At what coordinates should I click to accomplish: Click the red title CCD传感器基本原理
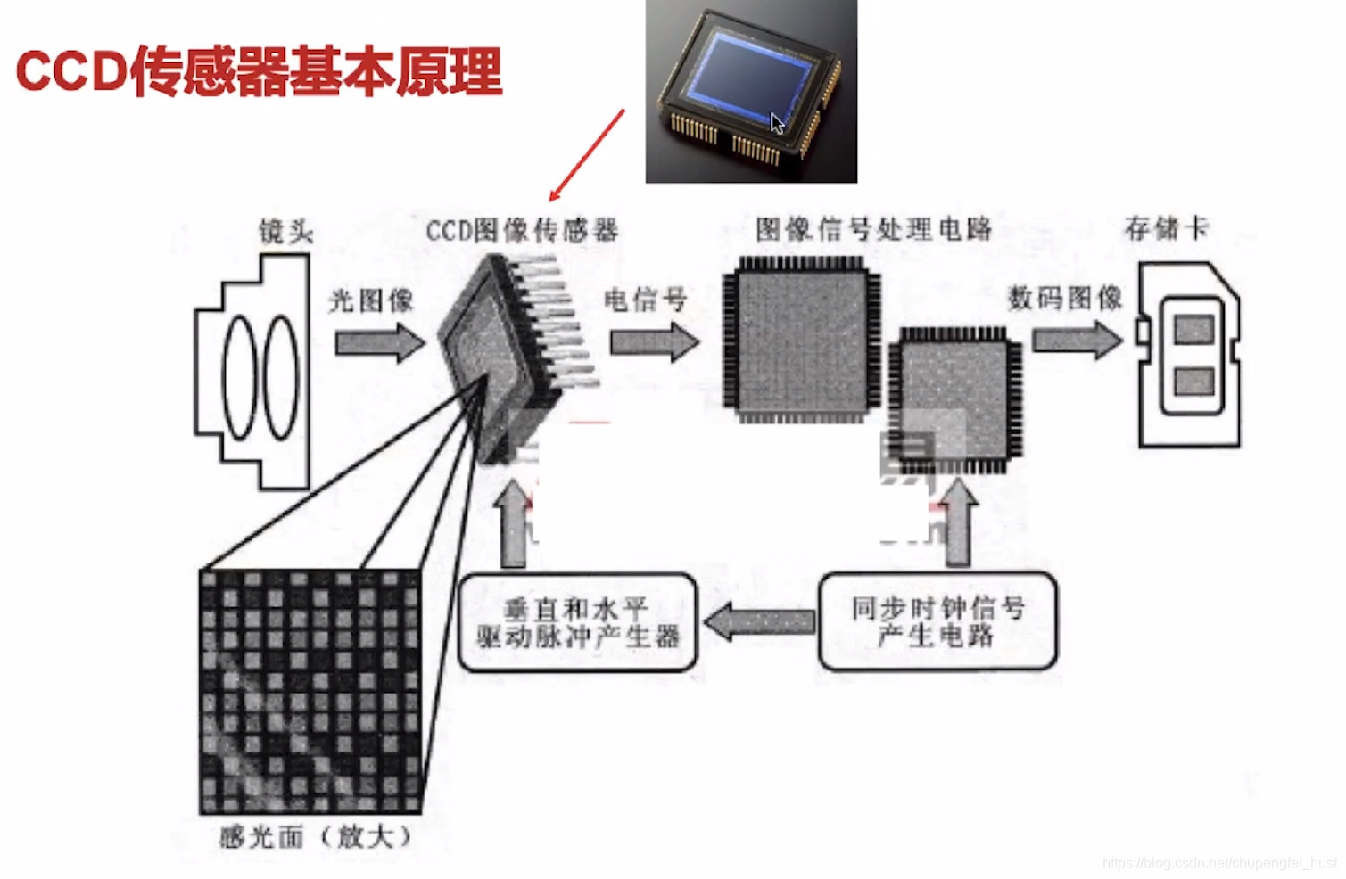click(x=259, y=71)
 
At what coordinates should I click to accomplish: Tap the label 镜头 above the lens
click(x=285, y=232)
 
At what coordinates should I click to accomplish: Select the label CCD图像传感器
click(x=522, y=231)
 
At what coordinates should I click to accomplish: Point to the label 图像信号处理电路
click(x=873, y=229)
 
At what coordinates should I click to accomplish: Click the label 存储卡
click(x=1166, y=228)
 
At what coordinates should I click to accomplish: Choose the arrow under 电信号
click(x=655, y=342)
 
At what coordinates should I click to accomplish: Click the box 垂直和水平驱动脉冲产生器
click(x=577, y=622)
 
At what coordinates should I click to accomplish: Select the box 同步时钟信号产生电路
click(x=937, y=621)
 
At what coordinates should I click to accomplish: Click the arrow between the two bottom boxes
click(x=759, y=621)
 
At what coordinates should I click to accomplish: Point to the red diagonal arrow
click(x=587, y=155)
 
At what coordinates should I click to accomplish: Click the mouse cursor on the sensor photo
click(x=777, y=124)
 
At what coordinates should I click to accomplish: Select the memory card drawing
click(x=1189, y=355)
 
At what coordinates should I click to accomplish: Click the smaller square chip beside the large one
click(x=954, y=399)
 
